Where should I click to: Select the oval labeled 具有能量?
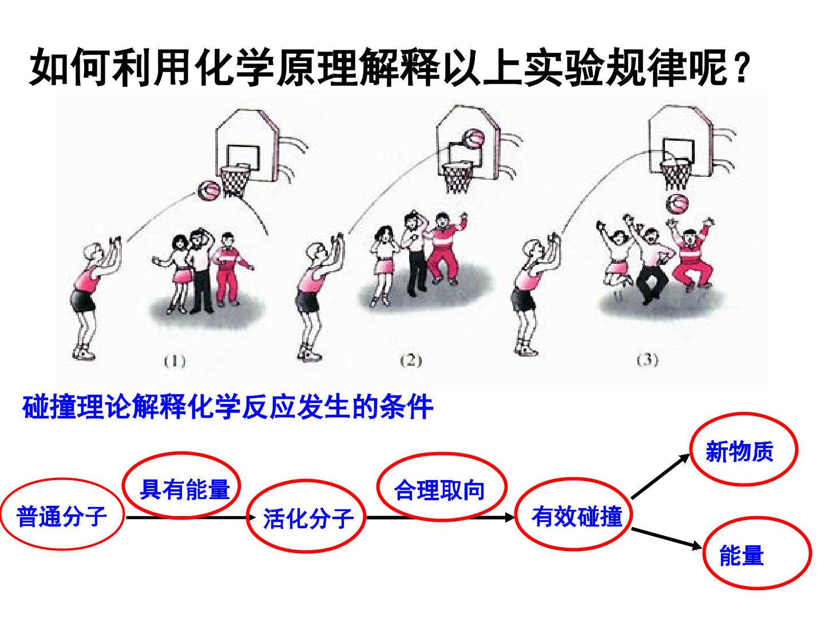(x=182, y=453)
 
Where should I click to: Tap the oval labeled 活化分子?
(x=306, y=481)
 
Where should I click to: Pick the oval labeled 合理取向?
(x=441, y=454)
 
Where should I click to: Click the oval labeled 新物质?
(x=744, y=414)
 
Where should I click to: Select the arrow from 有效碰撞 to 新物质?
(x=661, y=477)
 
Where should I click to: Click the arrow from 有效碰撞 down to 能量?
(x=667, y=538)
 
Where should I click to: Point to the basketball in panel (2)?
(x=474, y=140)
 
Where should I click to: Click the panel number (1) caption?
(x=175, y=361)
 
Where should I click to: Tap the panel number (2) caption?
(x=411, y=360)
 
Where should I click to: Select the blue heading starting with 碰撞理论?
(x=228, y=407)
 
